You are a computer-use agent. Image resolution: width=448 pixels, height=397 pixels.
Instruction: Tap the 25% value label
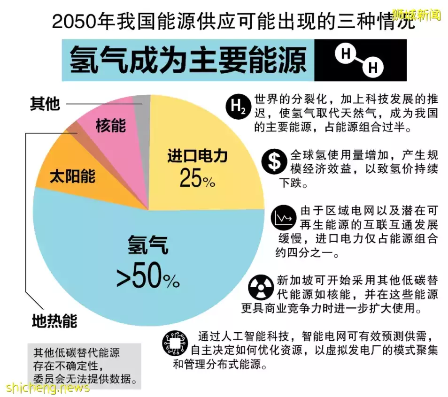pos(197,178)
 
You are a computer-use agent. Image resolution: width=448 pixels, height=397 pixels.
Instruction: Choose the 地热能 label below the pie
pos(54,321)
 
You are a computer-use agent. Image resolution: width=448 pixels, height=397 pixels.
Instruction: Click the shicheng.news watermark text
pos(47,388)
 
